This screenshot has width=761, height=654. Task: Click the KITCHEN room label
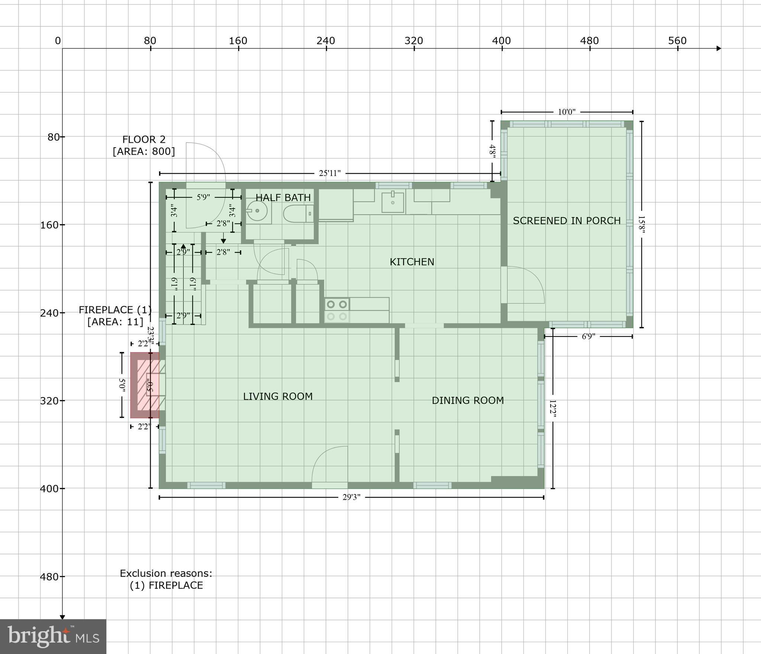(412, 262)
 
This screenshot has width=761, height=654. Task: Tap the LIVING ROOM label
(278, 396)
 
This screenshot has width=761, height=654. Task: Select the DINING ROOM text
(467, 400)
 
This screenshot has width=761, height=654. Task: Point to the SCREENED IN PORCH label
(567, 221)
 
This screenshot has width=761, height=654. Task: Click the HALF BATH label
(283, 198)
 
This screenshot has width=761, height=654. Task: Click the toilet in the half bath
(298, 214)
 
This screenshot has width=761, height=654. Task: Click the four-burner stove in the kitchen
(337, 310)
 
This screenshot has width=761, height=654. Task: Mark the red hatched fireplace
(145, 385)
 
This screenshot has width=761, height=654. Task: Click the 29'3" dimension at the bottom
(351, 497)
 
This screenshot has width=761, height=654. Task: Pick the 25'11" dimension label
(330, 173)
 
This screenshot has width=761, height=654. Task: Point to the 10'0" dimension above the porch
(566, 112)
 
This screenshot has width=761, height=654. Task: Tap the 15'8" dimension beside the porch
(642, 224)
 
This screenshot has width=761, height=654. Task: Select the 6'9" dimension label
(588, 336)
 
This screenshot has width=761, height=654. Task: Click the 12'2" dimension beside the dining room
(553, 409)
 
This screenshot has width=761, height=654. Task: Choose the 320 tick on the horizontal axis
(414, 41)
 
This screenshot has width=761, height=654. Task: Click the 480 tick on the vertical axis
(49, 577)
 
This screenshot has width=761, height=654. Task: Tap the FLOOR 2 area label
(144, 145)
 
